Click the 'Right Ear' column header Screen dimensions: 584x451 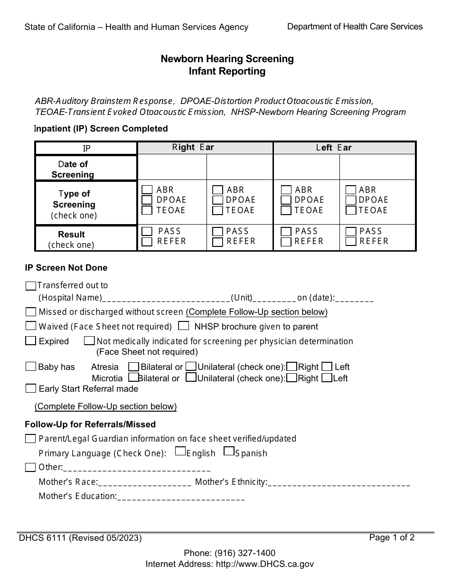tap(193, 147)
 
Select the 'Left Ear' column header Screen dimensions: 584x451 tap(334, 148)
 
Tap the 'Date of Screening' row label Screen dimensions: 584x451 tap(73, 169)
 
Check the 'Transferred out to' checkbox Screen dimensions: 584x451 tap(31, 286)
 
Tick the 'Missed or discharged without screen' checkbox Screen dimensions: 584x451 tap(31, 312)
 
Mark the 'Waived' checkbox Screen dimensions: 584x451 tap(31, 326)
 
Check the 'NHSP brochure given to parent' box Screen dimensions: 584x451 tap(184, 326)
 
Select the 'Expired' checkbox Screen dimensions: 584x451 tap(31, 341)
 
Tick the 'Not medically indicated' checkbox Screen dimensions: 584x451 tap(89, 341)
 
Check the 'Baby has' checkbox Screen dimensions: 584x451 tap(31, 367)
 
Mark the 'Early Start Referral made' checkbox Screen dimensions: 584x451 tap(31, 389)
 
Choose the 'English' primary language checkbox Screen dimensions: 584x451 tap(180, 452)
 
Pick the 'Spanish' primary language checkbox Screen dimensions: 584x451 tap(229, 452)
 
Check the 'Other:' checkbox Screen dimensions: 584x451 tap(31, 467)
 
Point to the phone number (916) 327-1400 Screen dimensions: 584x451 tap(244, 553)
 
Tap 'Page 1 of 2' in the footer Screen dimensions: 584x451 tap(392, 537)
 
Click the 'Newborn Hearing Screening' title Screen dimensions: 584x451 tap(227, 59)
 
